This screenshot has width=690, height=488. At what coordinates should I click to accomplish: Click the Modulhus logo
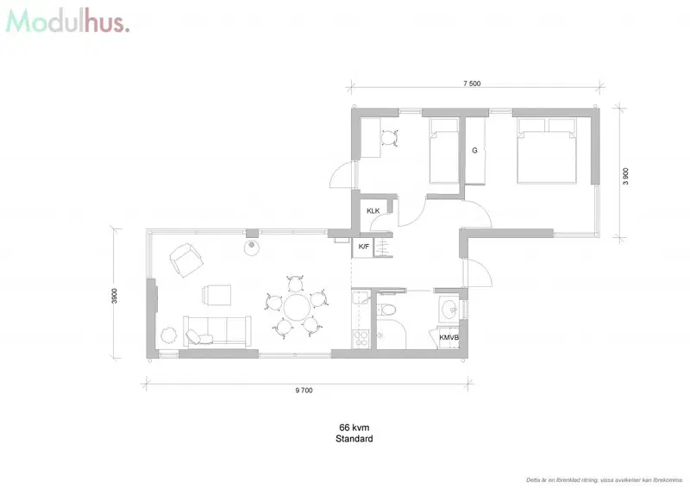pos(67,22)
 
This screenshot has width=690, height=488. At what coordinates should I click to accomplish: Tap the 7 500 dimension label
pos(472,84)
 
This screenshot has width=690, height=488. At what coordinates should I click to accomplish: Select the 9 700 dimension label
pos(304,391)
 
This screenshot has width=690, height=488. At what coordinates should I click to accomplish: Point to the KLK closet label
pos(373,210)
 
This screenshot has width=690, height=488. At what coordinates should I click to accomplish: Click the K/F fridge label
pos(363,247)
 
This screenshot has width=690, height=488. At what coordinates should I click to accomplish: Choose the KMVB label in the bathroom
pos(448,337)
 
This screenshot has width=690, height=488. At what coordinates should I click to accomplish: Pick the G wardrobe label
pos(475,151)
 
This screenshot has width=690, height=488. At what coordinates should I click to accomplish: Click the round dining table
pos(297,308)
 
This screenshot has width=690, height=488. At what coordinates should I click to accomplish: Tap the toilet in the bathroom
pos(387,310)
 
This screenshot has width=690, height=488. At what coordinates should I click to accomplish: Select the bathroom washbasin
pos(449,309)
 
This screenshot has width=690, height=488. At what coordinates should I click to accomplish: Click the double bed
pos(547,151)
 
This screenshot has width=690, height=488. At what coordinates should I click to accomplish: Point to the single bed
pos(443,151)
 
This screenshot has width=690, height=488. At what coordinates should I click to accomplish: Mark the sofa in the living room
pos(217,330)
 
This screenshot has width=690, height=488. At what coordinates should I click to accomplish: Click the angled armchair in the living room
pos(186,260)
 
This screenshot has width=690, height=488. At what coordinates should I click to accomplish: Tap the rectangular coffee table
pos(216,295)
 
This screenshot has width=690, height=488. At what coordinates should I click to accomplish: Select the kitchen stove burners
pos(361,338)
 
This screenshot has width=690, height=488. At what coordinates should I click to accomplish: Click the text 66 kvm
pos(354,428)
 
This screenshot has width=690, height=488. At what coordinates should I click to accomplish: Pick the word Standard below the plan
pos(354,439)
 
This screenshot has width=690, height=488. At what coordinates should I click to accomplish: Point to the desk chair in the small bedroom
pos(389,138)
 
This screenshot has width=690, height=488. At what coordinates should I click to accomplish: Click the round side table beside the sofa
pos(168,335)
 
